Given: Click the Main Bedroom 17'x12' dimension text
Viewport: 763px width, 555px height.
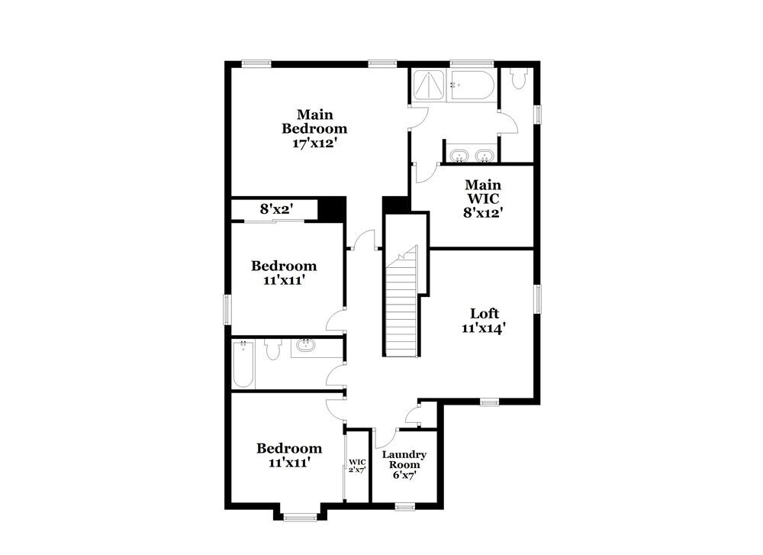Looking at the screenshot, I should click(315, 142).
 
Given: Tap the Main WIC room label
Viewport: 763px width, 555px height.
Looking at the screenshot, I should click(483, 198).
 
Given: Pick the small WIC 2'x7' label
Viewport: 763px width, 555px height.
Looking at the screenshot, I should click(357, 466).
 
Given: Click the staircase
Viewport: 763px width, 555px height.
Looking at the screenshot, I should click(402, 305).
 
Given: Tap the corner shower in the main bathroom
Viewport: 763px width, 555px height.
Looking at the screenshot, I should click(429, 84).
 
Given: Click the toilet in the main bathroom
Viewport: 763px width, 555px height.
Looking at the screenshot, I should click(520, 78).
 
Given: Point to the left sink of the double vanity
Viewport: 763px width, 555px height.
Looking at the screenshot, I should click(459, 156).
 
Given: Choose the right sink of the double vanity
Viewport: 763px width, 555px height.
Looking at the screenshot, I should click(483, 156).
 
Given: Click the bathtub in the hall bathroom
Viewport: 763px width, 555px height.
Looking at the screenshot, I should click(243, 364).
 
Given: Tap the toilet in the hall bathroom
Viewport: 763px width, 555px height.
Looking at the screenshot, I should click(273, 350).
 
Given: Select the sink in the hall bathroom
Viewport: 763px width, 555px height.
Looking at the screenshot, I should click(307, 347).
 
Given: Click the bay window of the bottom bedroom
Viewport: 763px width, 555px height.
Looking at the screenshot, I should click(299, 517).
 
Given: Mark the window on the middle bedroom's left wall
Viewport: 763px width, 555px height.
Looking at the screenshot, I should click(227, 309).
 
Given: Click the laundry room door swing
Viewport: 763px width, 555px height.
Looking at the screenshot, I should click(386, 439).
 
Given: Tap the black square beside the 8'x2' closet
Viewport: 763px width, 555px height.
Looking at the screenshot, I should click(331, 208).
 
